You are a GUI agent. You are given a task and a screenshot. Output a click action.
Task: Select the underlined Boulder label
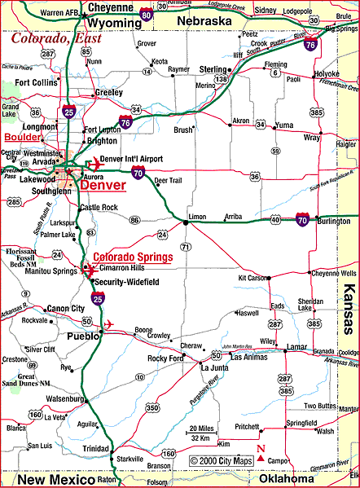tap(21, 137)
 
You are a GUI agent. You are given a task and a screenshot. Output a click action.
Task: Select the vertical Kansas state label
tap(349, 310)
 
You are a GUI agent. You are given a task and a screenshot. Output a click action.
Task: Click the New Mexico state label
tap(50, 479)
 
